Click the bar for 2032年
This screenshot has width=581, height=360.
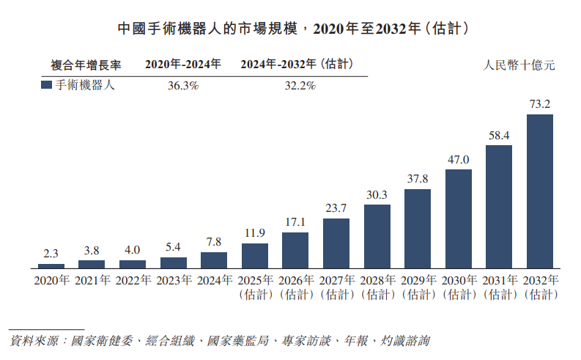pyautogui.click(x=539, y=191)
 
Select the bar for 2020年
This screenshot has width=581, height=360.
pyautogui.click(x=51, y=266)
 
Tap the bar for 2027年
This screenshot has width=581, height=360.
pyautogui.click(x=336, y=243)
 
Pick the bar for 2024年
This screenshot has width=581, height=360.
pyautogui.click(x=214, y=260)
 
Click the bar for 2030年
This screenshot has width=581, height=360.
pyautogui.click(x=459, y=219)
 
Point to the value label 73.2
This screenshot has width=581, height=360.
pyautogui.click(x=540, y=104)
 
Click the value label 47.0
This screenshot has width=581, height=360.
pyautogui.click(x=459, y=159)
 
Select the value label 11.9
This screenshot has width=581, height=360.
pyautogui.click(x=255, y=233)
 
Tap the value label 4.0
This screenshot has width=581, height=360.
pyautogui.click(x=133, y=250)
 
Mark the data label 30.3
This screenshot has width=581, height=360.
pyautogui.click(x=377, y=194)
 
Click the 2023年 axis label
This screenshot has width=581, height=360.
pyautogui.click(x=174, y=280)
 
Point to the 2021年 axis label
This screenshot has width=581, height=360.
pyautogui.click(x=92, y=280)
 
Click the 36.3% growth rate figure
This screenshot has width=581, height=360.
pyautogui.click(x=183, y=86)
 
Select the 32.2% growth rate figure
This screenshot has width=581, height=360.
pyautogui.click(x=300, y=86)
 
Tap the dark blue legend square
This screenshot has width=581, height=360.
pyautogui.click(x=46, y=85)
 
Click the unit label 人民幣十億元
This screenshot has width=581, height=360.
pyautogui.click(x=519, y=65)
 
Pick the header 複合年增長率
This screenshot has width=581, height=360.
pyautogui.click(x=86, y=65)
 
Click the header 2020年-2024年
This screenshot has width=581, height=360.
pyautogui.click(x=183, y=64)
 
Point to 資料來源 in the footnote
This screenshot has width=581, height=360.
pyautogui.click(x=34, y=341)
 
